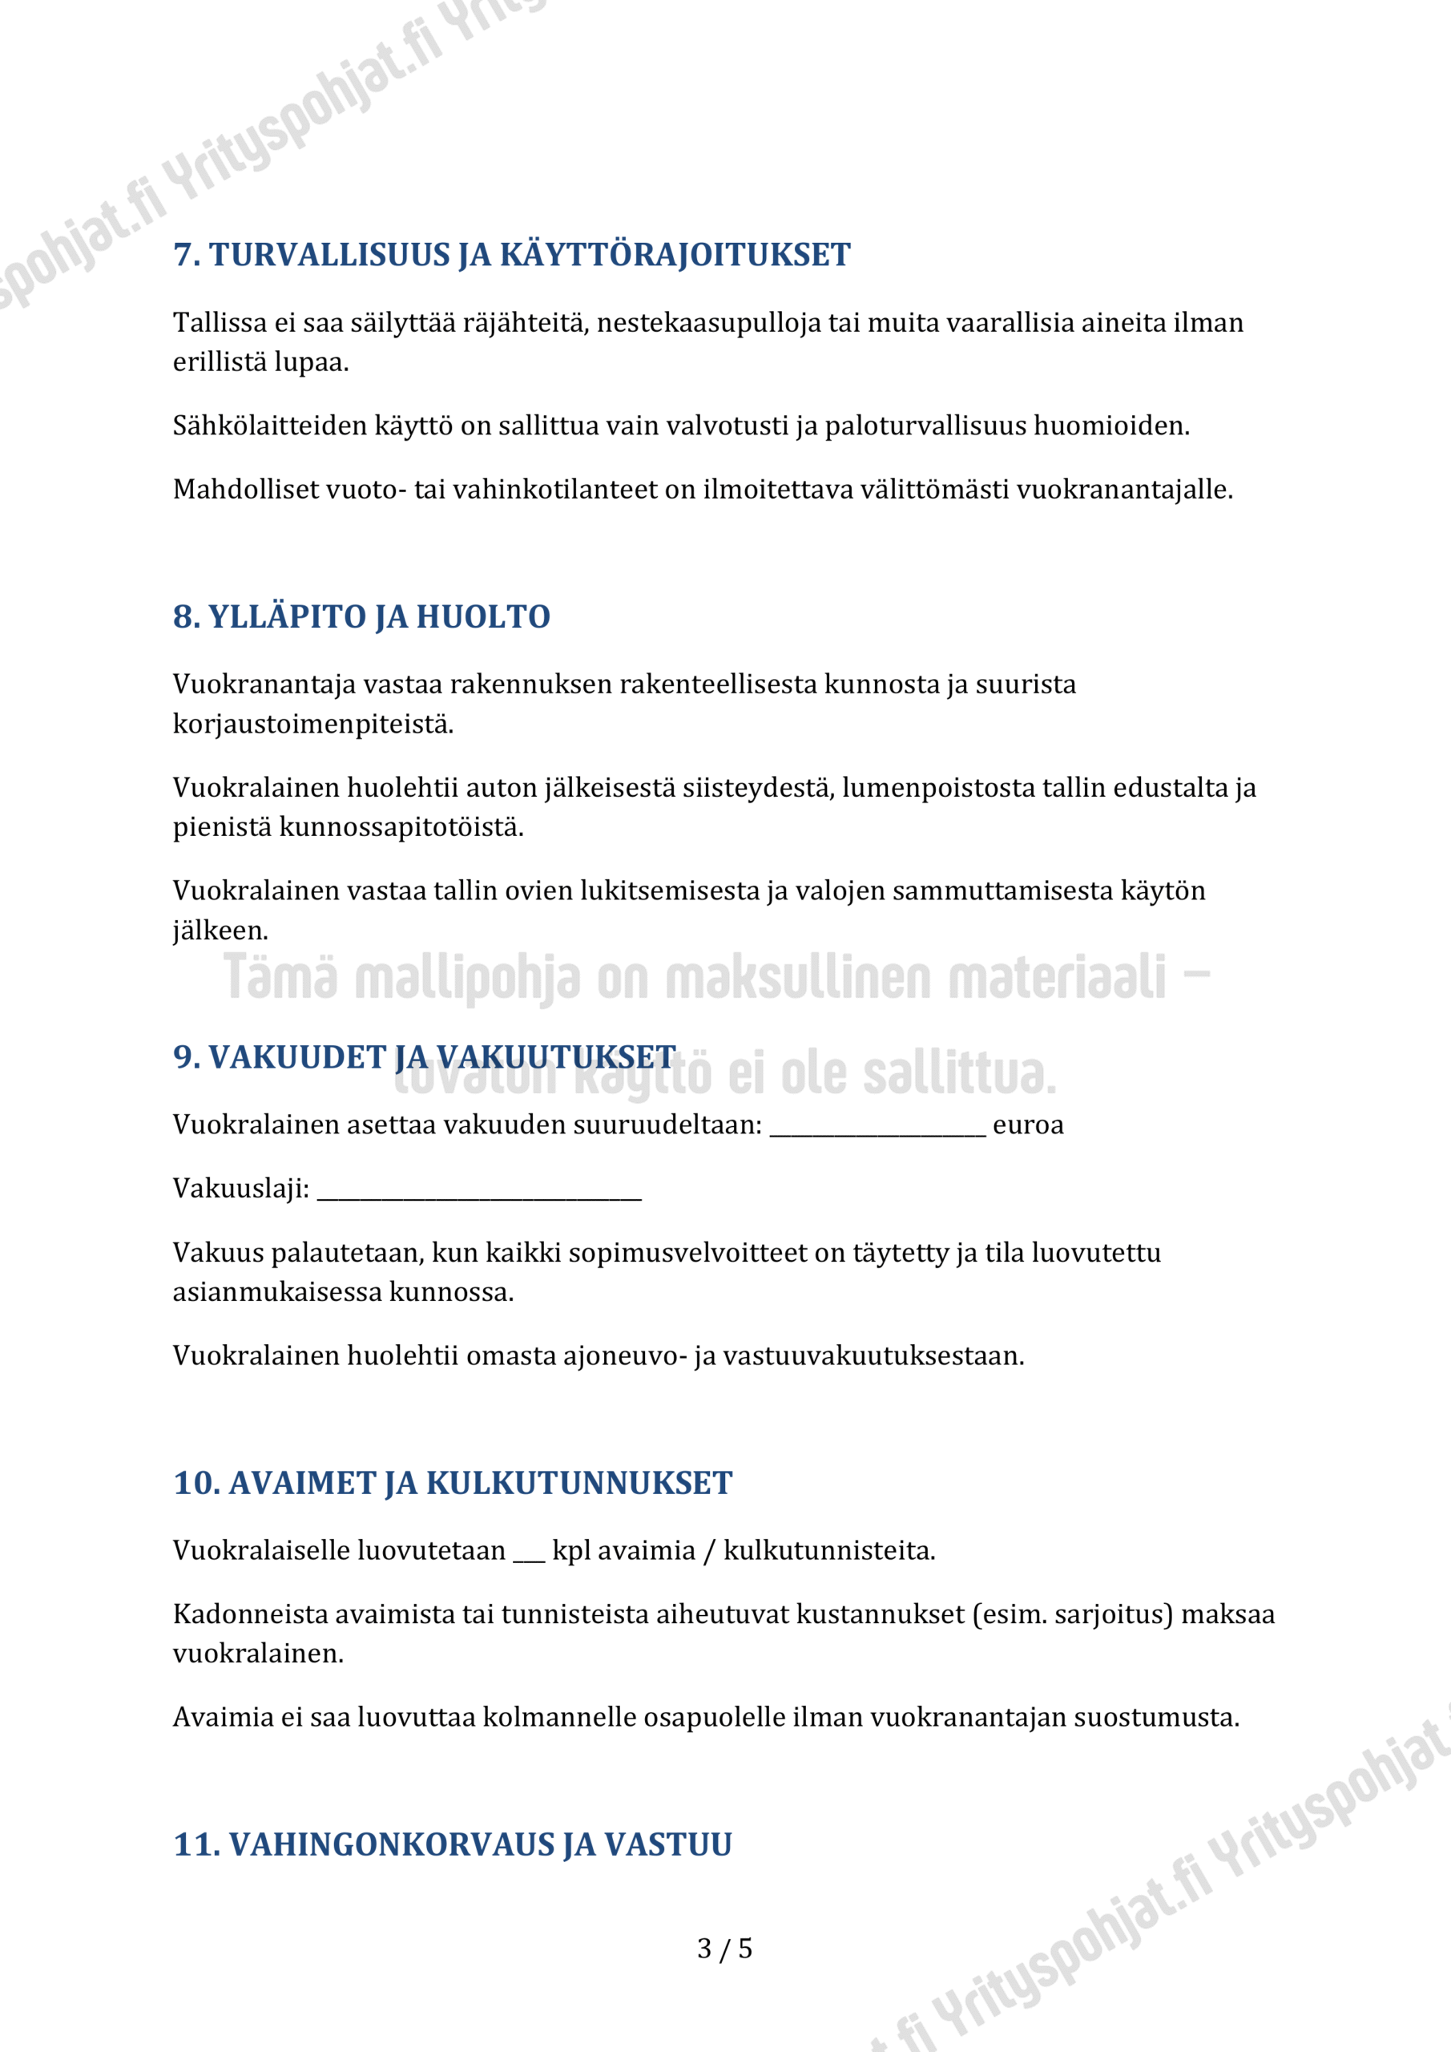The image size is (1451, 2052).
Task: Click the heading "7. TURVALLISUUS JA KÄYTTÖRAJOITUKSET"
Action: [511, 255]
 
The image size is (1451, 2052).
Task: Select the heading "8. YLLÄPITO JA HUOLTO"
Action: [361, 616]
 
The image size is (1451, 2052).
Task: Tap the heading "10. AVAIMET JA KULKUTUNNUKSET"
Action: [452, 1483]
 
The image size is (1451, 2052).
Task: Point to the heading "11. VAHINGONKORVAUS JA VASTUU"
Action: [452, 1844]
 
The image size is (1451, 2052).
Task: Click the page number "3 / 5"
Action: [724, 1948]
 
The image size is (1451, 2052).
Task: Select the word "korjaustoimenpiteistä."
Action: [312, 724]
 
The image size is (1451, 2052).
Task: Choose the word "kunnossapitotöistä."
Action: [401, 827]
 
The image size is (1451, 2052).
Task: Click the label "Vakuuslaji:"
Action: [241, 1189]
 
